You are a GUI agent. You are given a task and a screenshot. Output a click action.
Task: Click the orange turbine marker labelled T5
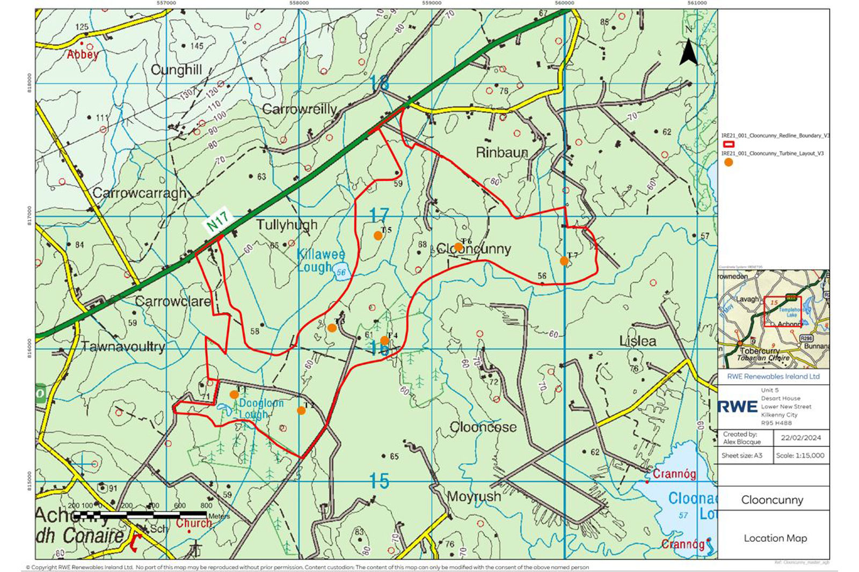tap(378, 236)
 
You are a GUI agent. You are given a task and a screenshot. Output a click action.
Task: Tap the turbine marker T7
tap(564, 261)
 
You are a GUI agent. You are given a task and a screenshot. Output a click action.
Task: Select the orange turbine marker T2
tap(301, 410)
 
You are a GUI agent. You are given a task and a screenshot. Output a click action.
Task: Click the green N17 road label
tap(218, 220)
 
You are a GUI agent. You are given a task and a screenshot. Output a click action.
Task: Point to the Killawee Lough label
tap(321, 260)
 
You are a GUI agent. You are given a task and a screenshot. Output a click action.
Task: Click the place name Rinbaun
tap(502, 153)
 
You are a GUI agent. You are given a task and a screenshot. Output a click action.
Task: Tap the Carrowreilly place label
tap(299, 109)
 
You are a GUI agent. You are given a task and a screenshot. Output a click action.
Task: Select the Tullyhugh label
tap(287, 224)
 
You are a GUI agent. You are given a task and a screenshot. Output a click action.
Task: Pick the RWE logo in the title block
tap(738, 407)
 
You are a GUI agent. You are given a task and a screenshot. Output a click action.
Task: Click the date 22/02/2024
tap(800, 437)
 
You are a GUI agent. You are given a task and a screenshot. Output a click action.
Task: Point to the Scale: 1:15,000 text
tap(800, 455)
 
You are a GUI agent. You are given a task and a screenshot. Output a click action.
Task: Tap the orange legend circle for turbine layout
tap(729, 162)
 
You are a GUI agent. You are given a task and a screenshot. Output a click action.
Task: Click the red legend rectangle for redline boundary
tap(729, 144)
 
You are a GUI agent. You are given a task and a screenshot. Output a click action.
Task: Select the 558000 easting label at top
tap(299, 3)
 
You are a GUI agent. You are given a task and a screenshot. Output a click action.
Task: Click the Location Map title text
tap(775, 538)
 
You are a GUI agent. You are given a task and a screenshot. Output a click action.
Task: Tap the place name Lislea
tap(637, 341)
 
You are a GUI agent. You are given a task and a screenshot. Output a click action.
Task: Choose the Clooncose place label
tap(483, 427)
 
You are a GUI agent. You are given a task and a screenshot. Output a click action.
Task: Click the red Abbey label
tap(83, 54)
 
